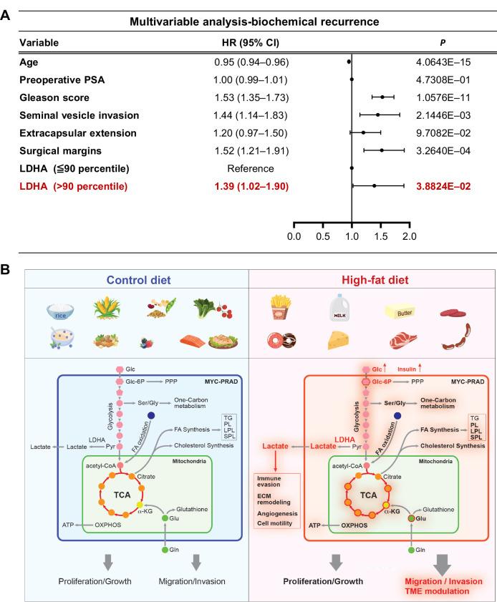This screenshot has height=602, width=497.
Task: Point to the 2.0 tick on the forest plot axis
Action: coord(410,235)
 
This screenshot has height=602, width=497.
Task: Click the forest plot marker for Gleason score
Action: coord(382,97)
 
